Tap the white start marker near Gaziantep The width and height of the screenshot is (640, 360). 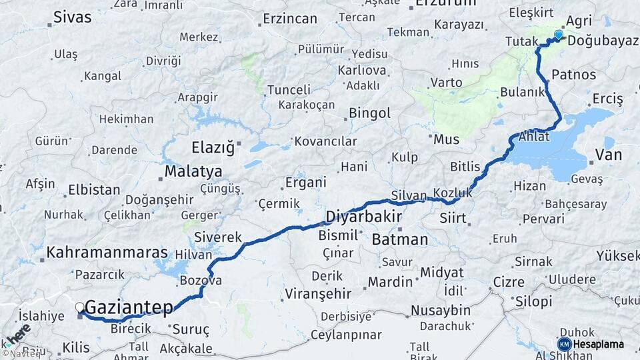[x=80, y=307]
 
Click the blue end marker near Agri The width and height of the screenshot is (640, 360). [x=558, y=35]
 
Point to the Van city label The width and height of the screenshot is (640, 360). [x=607, y=155]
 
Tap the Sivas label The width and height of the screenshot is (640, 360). [x=72, y=17]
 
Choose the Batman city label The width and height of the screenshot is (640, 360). [x=400, y=239]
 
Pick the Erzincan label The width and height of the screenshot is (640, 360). [x=290, y=19]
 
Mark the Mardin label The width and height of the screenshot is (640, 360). [x=391, y=282]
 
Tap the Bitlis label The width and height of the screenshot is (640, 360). [x=465, y=165]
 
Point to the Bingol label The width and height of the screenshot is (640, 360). [x=369, y=113]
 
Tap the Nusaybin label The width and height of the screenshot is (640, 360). [x=440, y=311]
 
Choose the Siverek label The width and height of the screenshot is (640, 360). [x=218, y=237]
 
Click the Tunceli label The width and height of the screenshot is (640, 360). [x=289, y=90]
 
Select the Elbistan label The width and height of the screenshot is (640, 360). [x=94, y=190]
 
